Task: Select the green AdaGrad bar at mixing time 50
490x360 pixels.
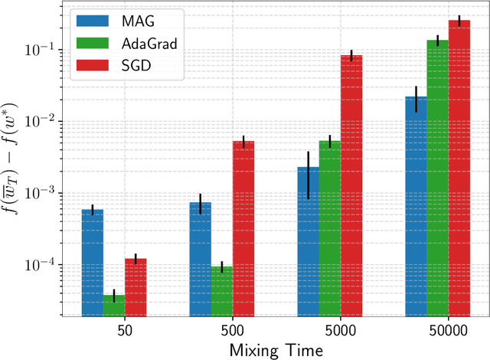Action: click(114, 306)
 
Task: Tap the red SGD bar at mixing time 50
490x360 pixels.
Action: click(136, 287)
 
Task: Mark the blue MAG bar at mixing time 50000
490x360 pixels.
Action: click(416, 206)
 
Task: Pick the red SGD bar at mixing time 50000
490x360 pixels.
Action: click(459, 168)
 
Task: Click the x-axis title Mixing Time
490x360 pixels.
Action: click(276, 349)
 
